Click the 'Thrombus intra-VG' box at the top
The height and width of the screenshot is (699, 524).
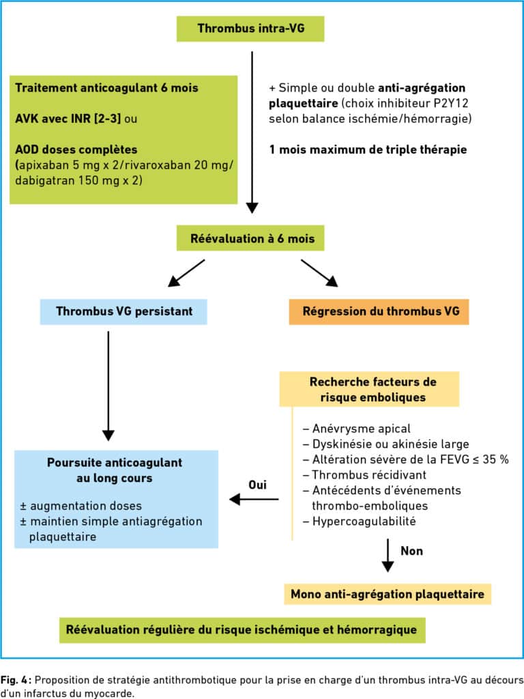pos(250,29)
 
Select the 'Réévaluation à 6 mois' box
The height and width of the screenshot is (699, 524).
pos(250,238)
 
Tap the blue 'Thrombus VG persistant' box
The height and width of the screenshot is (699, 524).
pos(124,311)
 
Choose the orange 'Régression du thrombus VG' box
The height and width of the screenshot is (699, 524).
pos(379,311)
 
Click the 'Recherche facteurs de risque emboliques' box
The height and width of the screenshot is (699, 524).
pos(369,389)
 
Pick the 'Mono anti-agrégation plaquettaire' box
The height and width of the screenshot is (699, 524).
pos(388,595)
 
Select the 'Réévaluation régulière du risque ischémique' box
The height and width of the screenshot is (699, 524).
pos(242,630)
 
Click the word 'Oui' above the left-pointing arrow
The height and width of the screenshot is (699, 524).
pos(257,485)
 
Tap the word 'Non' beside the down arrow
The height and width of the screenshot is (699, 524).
pos(411,551)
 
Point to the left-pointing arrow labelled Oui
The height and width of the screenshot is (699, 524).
pos(254,499)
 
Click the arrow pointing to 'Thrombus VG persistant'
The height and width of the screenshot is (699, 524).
pos(186,273)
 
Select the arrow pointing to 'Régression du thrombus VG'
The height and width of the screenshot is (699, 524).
pos(319,273)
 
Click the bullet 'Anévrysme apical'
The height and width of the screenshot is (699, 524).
pos(357,429)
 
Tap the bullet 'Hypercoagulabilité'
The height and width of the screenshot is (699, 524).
pos(360,521)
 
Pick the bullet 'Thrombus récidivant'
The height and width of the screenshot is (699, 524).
pos(364,475)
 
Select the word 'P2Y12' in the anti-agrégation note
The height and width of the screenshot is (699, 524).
pos(452,104)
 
